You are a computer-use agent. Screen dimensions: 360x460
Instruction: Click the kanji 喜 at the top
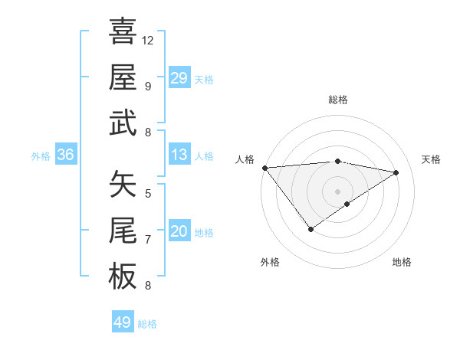123,31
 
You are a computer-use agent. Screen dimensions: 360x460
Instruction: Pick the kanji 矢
123,185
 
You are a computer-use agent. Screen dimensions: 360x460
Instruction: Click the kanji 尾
123,231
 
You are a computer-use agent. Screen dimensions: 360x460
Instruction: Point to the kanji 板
123,276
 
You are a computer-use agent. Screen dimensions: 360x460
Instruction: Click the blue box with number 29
179,78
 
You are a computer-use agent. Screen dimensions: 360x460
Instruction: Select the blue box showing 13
179,155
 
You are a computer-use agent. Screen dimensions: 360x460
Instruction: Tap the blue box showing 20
179,232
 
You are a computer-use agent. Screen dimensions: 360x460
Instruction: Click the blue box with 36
65,155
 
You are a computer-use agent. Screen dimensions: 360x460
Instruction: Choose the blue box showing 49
123,322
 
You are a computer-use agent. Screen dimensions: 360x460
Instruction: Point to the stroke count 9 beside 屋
147,86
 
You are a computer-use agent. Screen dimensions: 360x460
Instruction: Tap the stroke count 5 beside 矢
147,194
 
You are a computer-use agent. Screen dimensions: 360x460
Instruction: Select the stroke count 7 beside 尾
147,240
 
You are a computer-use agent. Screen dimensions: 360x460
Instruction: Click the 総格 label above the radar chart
338,100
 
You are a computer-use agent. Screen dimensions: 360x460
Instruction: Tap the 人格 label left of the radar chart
245,159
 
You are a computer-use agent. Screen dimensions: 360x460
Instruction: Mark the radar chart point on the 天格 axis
396,172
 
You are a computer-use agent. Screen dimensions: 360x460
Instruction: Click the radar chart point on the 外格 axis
310,229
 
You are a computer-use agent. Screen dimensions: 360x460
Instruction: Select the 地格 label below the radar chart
402,262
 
